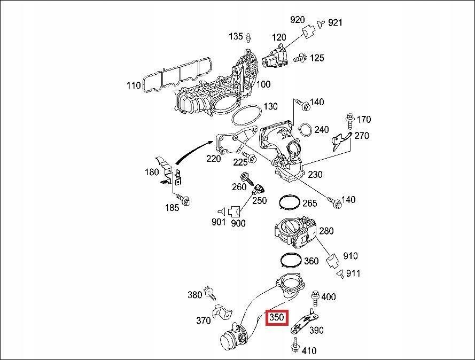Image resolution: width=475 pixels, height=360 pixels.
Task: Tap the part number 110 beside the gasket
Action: tap(134, 85)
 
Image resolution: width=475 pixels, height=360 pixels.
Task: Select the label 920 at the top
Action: tap(297, 20)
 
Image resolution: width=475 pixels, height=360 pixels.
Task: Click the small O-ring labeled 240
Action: tap(306, 130)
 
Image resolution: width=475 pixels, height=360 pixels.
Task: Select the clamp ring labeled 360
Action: tap(291, 260)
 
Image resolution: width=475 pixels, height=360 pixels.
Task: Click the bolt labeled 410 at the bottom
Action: tap(294, 348)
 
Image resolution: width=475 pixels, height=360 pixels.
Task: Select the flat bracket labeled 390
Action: tap(302, 322)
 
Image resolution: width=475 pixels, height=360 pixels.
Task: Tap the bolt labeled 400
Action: tap(315, 295)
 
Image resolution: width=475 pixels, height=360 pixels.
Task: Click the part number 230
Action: tap(315, 174)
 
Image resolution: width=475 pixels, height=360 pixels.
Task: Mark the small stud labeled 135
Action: tap(248, 36)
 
